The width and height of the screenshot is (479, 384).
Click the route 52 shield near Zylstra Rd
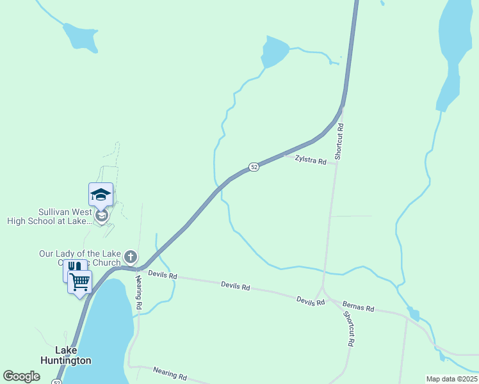[x=254, y=166]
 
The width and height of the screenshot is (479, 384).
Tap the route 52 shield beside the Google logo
[x=57, y=382]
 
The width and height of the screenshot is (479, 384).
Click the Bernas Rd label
[x=358, y=307]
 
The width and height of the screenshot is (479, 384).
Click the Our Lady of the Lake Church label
[x=79, y=258]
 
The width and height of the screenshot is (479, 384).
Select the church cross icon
[x=131, y=257]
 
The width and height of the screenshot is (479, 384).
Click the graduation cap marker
[x=101, y=195]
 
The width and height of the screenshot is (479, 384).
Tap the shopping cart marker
[x=80, y=281]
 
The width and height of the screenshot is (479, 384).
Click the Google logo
[x=22, y=376]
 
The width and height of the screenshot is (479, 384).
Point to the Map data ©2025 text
[x=451, y=379]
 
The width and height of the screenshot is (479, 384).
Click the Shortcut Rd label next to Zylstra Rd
[x=340, y=141]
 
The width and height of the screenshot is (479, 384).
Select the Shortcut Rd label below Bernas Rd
[x=349, y=329]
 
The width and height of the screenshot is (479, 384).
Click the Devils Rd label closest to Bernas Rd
[x=311, y=301]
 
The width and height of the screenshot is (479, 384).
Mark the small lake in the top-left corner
[x=78, y=36]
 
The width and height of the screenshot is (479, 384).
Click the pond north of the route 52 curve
[x=274, y=52]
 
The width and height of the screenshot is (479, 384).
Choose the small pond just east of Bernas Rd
[x=414, y=315]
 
